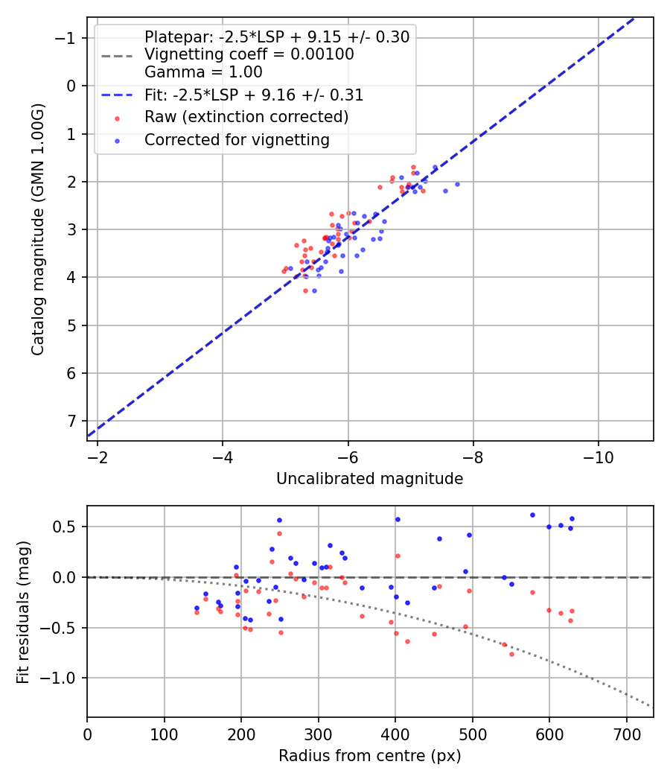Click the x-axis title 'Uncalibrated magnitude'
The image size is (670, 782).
[369, 479]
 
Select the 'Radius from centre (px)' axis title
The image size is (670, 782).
[369, 756]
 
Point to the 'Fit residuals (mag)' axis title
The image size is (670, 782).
[22, 611]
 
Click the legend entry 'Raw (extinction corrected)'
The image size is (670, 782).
[246, 117]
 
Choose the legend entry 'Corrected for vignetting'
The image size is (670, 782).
[237, 140]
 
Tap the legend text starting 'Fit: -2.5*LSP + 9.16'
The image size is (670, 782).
[254, 95]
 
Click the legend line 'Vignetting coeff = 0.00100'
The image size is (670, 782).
[249, 54]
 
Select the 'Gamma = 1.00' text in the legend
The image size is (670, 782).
[203, 72]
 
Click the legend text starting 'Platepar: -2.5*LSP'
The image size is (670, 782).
[277, 37]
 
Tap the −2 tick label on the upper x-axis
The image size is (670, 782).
[98, 456]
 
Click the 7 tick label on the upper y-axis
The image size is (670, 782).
[72, 422]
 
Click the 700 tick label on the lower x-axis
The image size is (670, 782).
[626, 733]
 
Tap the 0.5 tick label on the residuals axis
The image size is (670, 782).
[67, 527]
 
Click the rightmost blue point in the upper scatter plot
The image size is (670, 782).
[457, 184]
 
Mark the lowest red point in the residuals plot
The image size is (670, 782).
[511, 654]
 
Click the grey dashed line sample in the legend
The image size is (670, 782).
[117, 55]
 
